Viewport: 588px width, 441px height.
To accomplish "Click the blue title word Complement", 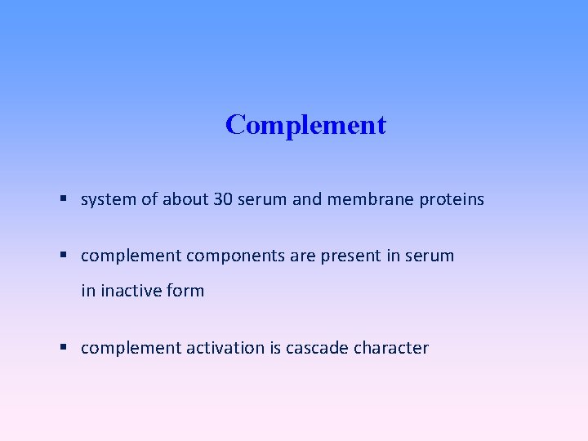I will pyautogui.click(x=305, y=125).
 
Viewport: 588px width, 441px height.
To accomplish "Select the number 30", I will pyautogui.click(x=223, y=199).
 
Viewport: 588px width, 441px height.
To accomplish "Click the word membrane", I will pyautogui.click(x=369, y=199).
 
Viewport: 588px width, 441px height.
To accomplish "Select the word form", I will pyautogui.click(x=186, y=291).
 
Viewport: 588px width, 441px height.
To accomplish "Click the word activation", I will pyautogui.click(x=225, y=348).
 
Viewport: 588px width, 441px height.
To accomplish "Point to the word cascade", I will pyautogui.click(x=318, y=348).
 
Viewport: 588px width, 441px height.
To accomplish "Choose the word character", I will pyautogui.click(x=391, y=348).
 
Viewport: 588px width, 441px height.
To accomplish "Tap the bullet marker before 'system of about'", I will pyautogui.click(x=64, y=199).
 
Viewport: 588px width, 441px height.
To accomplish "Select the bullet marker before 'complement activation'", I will pyautogui.click(x=64, y=348).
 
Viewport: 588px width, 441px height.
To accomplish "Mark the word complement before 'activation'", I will pyautogui.click(x=131, y=348).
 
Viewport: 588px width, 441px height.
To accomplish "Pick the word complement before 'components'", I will pyautogui.click(x=131, y=256).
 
